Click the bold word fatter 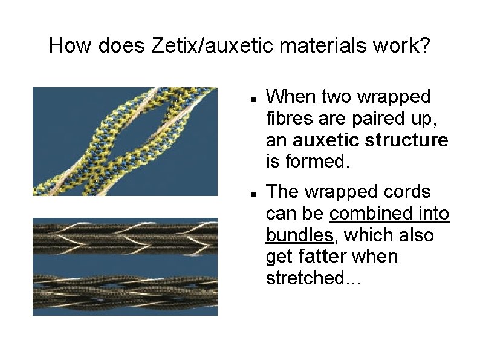point(322,257)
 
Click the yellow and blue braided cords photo point(125,141)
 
